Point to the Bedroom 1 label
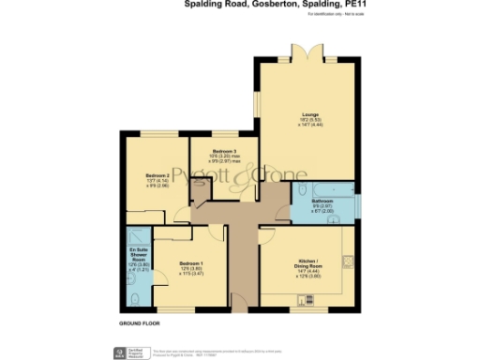pyautogui.click(x=191, y=265)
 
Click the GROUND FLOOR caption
pyautogui.click(x=139, y=322)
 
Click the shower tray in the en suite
pyautogui.click(x=136, y=235)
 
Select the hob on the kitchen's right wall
pyautogui.click(x=349, y=259)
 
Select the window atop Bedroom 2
pyautogui.click(x=157, y=134)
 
